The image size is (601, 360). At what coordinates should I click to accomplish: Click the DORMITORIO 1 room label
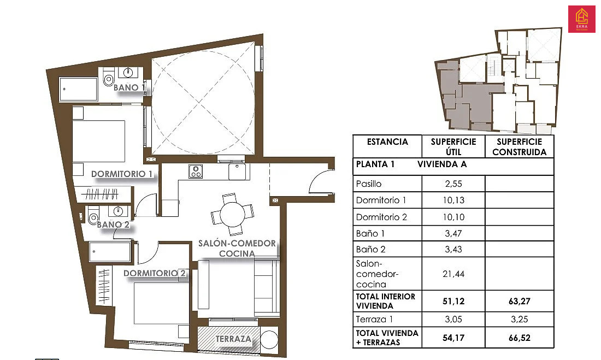tap(121, 174)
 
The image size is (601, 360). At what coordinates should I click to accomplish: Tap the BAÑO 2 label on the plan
tap(113, 225)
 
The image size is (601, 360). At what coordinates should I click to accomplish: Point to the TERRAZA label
tap(233, 339)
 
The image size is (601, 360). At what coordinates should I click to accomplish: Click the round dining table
tap(232, 214)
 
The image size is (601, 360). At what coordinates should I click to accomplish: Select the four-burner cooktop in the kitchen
tap(196, 171)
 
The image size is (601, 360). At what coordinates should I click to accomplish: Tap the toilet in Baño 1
tap(108, 77)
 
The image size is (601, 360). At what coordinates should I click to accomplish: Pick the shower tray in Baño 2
tap(110, 251)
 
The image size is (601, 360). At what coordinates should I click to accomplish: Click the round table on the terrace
tap(269, 339)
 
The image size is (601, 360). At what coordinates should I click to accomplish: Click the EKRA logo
tap(581, 19)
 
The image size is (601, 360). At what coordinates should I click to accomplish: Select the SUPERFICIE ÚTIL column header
tap(453, 146)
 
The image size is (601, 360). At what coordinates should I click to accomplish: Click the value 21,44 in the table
tap(453, 274)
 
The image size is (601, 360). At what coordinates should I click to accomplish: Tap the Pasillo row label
tap(369, 184)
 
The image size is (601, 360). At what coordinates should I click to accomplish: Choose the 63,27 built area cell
tap(520, 301)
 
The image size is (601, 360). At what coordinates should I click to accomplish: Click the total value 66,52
tap(520, 338)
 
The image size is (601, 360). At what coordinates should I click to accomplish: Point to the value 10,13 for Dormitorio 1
tap(453, 200)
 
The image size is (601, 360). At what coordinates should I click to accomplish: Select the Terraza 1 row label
tap(374, 320)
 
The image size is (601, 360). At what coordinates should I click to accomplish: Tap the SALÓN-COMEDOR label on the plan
tap(237, 244)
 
